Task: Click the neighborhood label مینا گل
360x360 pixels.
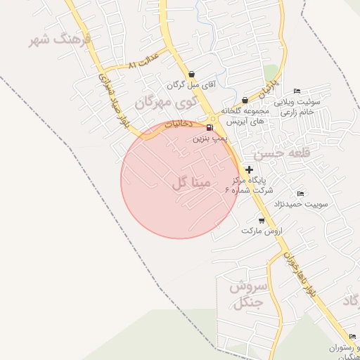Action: [x=191, y=184]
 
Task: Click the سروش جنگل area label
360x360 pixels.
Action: [x=247, y=295]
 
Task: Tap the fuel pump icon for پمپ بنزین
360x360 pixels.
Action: [x=210, y=127]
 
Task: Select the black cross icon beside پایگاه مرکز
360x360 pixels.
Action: [x=249, y=169]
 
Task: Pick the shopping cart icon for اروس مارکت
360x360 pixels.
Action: [x=262, y=220]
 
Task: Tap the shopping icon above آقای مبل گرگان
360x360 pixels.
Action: [x=191, y=73]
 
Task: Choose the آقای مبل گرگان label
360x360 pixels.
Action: [x=191, y=84]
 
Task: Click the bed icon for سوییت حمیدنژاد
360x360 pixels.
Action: [x=301, y=194]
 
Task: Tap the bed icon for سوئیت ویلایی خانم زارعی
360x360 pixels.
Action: [x=297, y=91]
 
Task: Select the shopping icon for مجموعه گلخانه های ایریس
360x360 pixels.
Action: [x=245, y=100]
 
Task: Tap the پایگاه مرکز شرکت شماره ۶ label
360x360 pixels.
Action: [x=249, y=185]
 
